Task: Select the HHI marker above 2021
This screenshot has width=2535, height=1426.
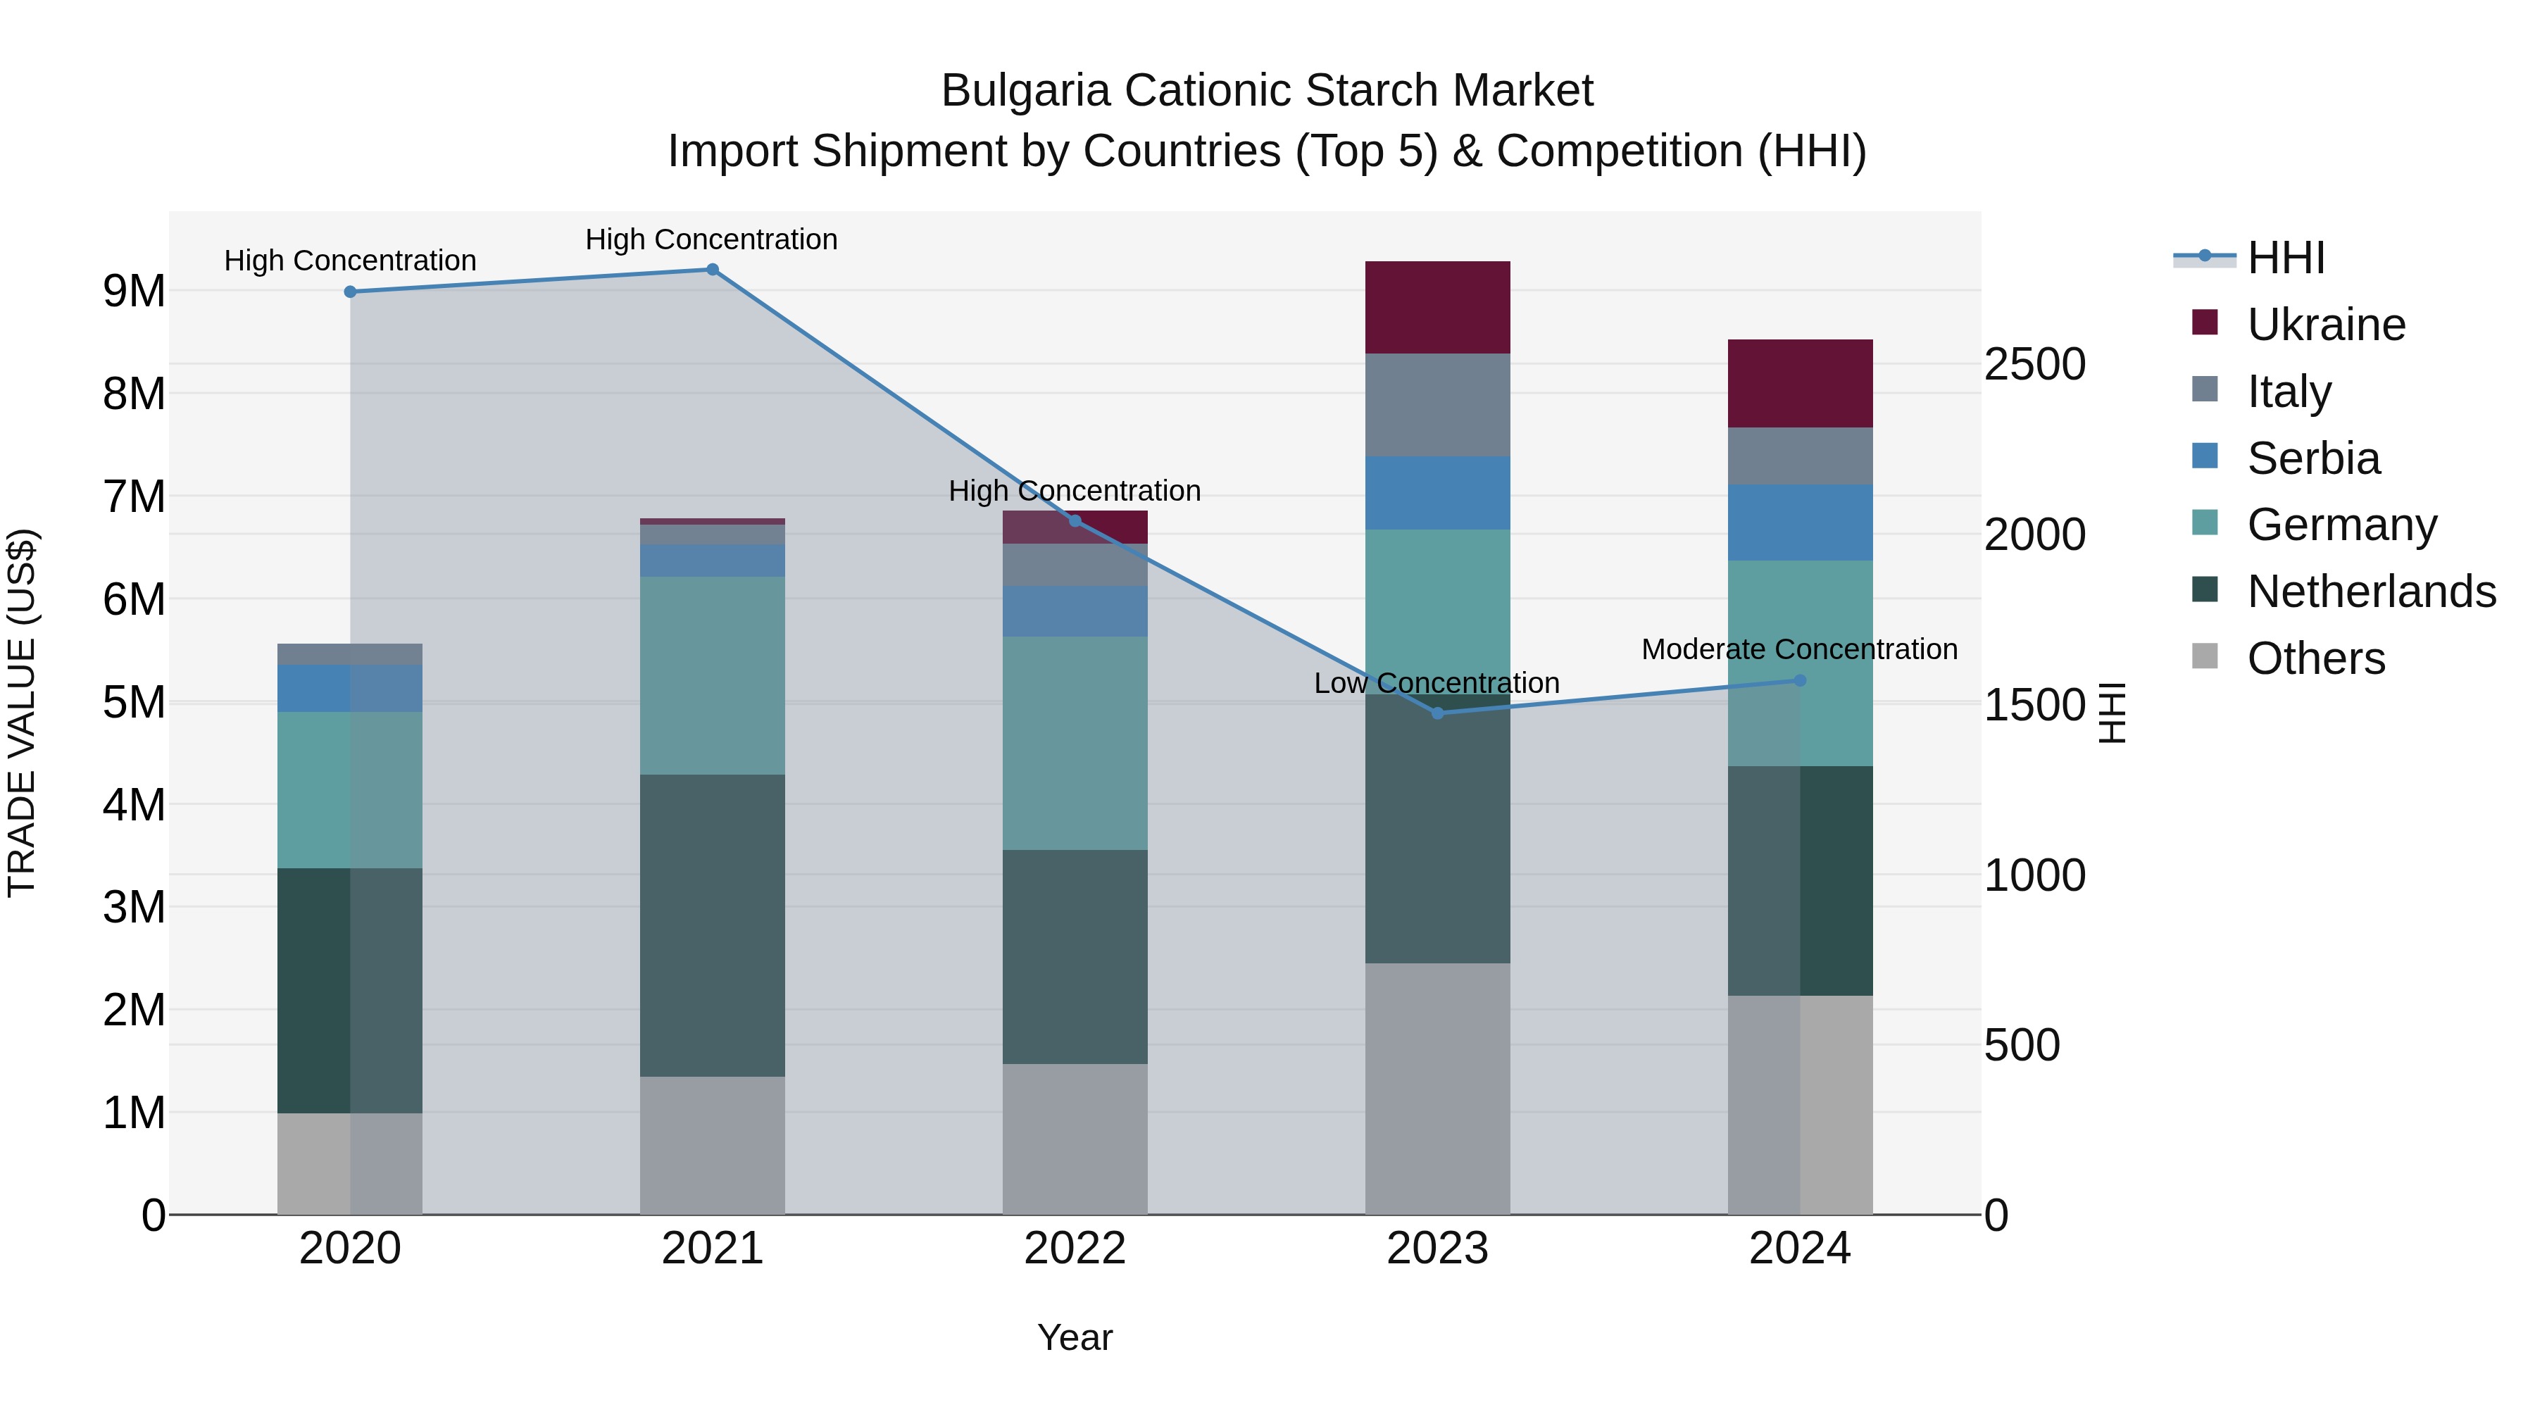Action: click(713, 270)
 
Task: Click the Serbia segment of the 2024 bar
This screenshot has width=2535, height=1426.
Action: click(1800, 522)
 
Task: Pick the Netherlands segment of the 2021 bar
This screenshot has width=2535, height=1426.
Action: click(713, 925)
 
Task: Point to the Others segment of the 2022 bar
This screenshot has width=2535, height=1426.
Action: click(1075, 1139)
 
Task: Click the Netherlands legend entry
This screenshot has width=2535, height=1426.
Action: click(2371, 592)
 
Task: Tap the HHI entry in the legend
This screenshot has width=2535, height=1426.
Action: click(2285, 258)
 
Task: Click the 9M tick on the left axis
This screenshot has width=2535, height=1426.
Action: click(134, 292)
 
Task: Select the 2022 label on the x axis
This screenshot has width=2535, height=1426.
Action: click(1075, 1249)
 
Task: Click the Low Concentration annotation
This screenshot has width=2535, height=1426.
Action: click(1436, 683)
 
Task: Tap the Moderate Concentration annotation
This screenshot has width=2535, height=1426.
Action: click(1799, 649)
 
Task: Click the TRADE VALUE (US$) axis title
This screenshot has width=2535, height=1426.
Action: click(22, 713)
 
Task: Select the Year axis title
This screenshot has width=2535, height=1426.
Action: click(1075, 1337)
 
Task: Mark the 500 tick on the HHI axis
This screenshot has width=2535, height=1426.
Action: click(2021, 1045)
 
